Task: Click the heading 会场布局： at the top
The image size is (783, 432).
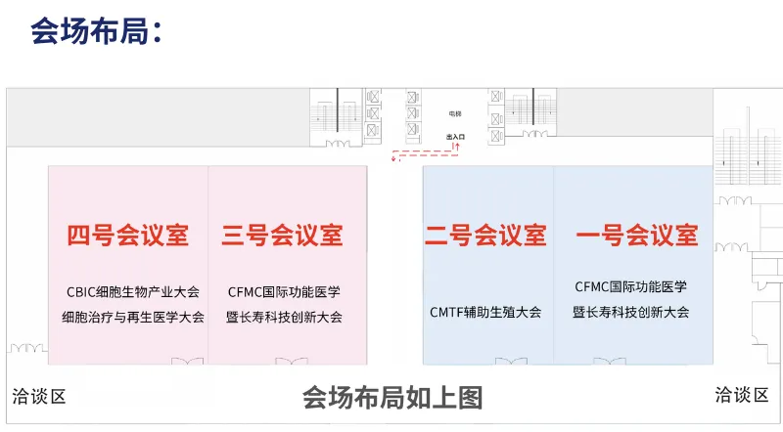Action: pos(96,31)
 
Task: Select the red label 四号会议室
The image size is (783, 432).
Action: pos(127,235)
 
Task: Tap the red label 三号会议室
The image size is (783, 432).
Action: pos(283,235)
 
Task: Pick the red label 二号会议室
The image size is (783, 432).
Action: pos(485,235)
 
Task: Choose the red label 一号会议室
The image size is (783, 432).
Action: pos(637,235)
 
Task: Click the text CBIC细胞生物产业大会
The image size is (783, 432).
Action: pos(133,291)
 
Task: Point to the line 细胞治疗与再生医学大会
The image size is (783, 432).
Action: pos(133,317)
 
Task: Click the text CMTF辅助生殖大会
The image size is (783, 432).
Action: pos(485,313)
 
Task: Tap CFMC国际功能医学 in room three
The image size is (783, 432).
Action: pos(283,291)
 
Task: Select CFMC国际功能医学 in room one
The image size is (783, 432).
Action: pos(631,286)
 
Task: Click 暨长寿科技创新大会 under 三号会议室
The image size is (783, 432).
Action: pos(283,317)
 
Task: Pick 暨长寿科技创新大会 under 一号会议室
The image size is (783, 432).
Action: pos(631,312)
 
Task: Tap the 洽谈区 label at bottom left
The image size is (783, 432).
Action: pos(39,396)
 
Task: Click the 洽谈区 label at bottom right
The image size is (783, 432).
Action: pos(741,394)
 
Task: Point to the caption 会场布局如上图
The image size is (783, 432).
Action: pos(391,398)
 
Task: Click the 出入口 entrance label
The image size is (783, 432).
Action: pos(456,138)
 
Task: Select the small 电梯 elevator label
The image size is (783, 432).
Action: pos(455,114)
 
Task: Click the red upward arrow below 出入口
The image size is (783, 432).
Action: pos(456,147)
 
